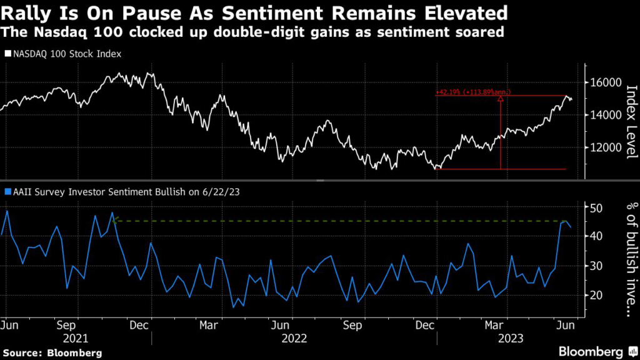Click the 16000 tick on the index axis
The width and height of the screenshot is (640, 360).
tap(604, 82)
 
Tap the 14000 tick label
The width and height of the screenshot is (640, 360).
tap(604, 115)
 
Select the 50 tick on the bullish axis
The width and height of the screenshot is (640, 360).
tap(597, 207)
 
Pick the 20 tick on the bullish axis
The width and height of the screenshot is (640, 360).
tap(597, 295)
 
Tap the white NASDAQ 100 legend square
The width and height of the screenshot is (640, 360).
tap(7, 54)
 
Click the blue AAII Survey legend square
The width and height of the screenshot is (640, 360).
tap(7, 192)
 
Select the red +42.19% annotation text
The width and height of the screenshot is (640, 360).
tap(474, 92)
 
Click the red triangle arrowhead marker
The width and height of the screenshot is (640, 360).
tap(501, 98)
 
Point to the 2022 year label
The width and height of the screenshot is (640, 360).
tap(294, 337)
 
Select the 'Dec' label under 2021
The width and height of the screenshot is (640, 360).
tap(138, 325)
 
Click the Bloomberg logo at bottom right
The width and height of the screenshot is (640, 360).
tap(591, 351)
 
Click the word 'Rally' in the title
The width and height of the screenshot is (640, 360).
tap(26, 12)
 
